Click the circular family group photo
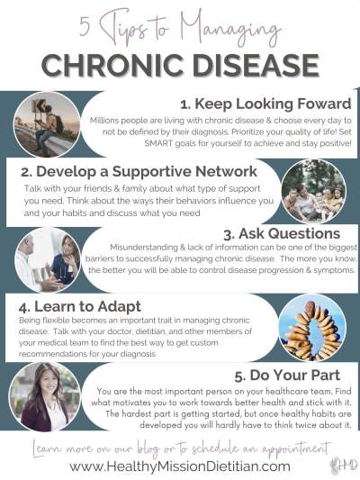click(313, 192)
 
